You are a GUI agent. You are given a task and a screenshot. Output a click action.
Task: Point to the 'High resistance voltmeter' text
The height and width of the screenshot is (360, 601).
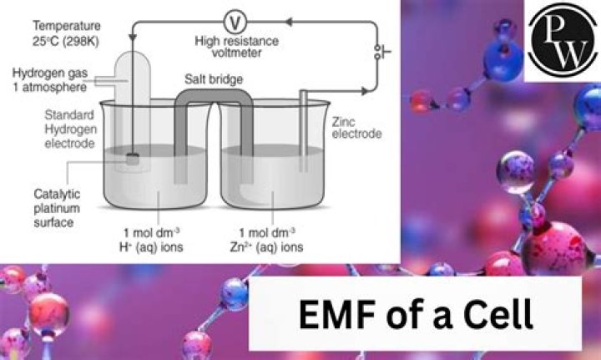pyautogui.click(x=228, y=46)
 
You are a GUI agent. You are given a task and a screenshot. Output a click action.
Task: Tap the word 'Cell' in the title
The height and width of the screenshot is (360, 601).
pyautogui.click(x=497, y=316)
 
